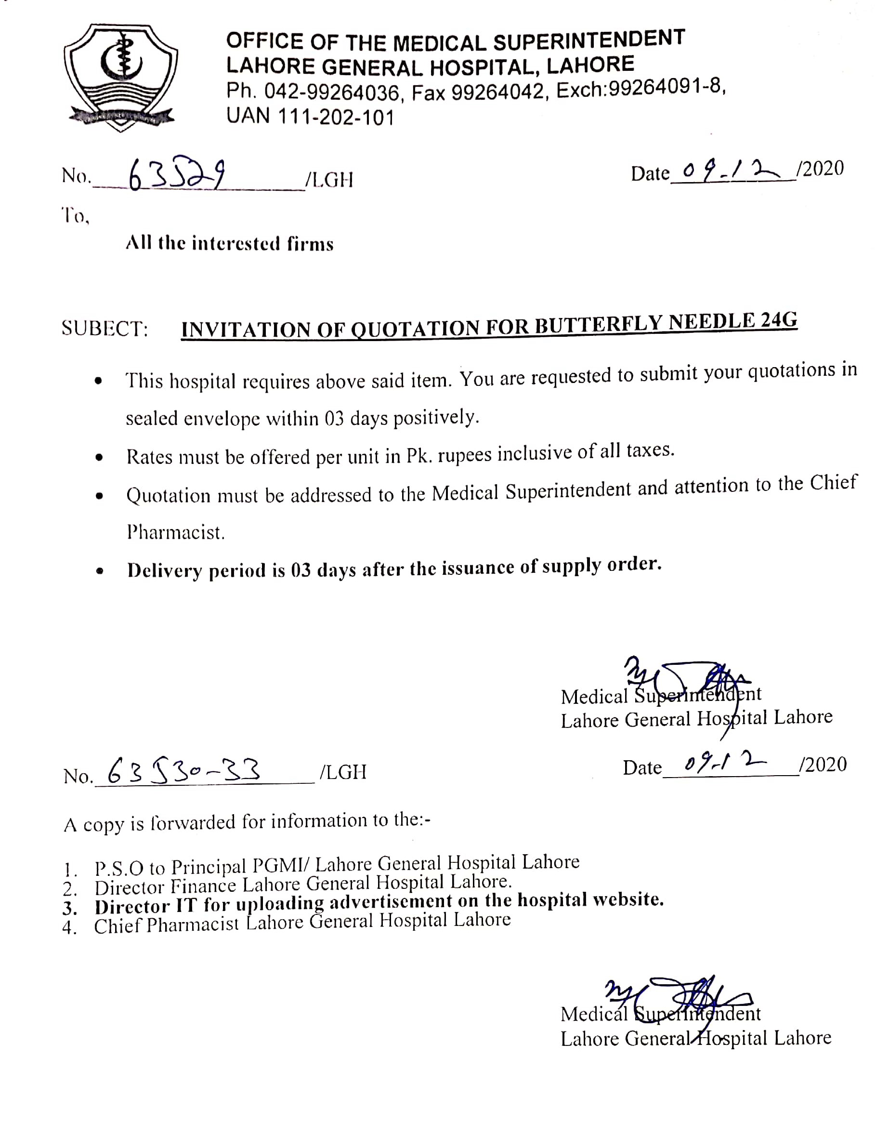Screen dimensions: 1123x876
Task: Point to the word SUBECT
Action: tap(105, 329)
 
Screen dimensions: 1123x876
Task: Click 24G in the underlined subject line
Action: tap(778, 320)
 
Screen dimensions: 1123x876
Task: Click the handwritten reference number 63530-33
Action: tap(184, 771)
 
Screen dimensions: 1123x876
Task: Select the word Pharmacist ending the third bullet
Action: tap(176, 532)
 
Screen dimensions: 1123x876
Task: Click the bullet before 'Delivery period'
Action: tap(100, 571)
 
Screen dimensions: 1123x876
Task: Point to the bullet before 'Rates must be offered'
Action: tap(100, 457)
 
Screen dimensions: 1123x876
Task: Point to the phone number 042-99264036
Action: tap(332, 92)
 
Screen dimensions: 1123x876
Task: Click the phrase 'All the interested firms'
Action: tap(230, 243)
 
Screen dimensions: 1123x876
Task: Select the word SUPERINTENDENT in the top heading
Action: tap(589, 40)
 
